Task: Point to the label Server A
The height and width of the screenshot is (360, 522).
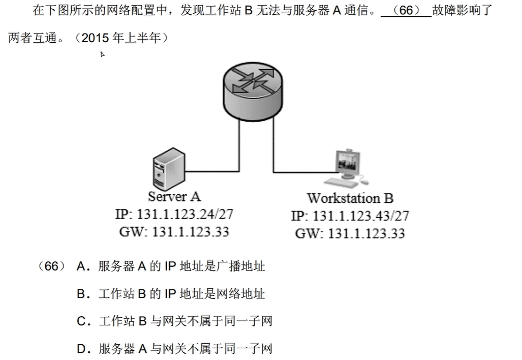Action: coord(174,196)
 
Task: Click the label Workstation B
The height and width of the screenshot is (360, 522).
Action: coord(350,198)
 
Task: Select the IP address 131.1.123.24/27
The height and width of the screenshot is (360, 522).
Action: coord(174,215)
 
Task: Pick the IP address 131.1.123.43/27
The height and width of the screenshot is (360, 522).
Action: coord(350,216)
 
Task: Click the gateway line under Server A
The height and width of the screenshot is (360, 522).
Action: coord(174,232)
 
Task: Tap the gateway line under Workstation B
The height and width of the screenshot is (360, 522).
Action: coord(350,233)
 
